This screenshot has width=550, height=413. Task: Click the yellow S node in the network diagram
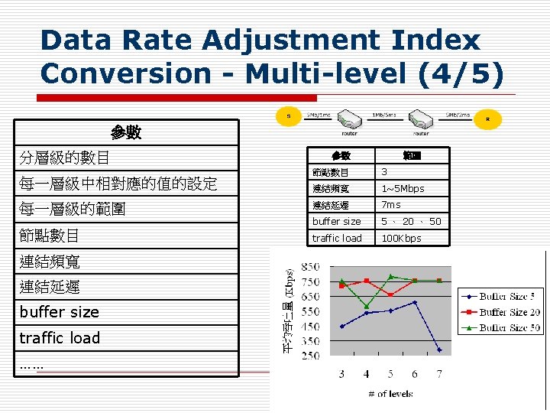(x=288, y=116)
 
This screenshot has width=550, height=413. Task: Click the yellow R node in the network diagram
(x=487, y=120)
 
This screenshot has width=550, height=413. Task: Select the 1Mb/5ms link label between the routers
(x=383, y=115)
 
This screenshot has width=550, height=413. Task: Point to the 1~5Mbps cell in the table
(x=403, y=188)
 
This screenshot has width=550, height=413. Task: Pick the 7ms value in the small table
(x=391, y=204)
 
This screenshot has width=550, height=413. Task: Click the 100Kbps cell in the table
(x=402, y=238)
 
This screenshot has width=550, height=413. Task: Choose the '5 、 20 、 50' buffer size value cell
(x=411, y=221)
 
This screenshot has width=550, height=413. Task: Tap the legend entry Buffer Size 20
(x=500, y=311)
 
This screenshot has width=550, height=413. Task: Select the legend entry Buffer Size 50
(x=500, y=327)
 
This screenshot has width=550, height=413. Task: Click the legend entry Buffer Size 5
(x=500, y=296)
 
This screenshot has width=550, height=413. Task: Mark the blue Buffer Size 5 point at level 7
(x=439, y=350)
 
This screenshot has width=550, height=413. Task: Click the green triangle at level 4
(x=366, y=306)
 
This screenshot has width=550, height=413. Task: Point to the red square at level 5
(x=390, y=294)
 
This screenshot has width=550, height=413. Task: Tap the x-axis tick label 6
(x=415, y=373)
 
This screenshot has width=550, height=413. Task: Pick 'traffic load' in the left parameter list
(x=60, y=337)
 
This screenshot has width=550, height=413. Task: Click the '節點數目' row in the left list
(x=50, y=235)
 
